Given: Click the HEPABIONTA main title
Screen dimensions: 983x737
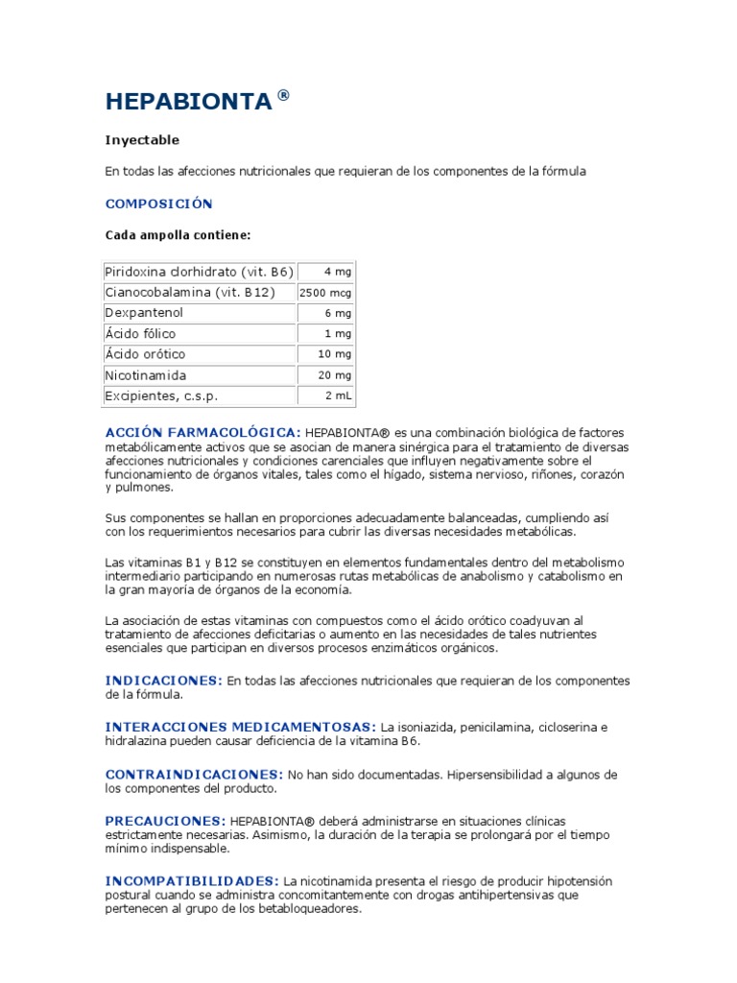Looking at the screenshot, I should coord(188,102).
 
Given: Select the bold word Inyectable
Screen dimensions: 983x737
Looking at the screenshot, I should coord(142,140).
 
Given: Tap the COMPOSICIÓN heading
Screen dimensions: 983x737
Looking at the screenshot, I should coord(158,204).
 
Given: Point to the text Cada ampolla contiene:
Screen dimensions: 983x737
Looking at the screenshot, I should coord(178,234).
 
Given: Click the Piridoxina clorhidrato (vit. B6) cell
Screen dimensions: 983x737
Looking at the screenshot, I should coord(199,272).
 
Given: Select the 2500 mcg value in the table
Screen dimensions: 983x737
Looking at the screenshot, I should coord(325,293).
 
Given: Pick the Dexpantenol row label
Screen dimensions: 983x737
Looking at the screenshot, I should coord(144,313).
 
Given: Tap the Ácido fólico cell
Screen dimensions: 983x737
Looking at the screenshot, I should coord(140,334).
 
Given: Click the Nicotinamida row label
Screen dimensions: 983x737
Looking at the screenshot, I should coord(146,375).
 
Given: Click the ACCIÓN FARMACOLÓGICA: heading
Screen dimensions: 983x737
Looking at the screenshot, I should coord(202,433).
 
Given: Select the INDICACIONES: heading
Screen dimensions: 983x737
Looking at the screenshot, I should coord(163,680).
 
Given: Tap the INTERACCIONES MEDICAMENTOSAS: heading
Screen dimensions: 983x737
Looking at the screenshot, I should coord(240,727).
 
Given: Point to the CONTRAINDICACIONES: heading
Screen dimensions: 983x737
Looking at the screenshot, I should coord(194,774).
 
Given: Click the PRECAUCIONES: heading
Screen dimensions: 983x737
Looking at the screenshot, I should coord(165,821).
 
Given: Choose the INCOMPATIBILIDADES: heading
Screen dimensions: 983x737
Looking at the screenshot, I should coord(192,880).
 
